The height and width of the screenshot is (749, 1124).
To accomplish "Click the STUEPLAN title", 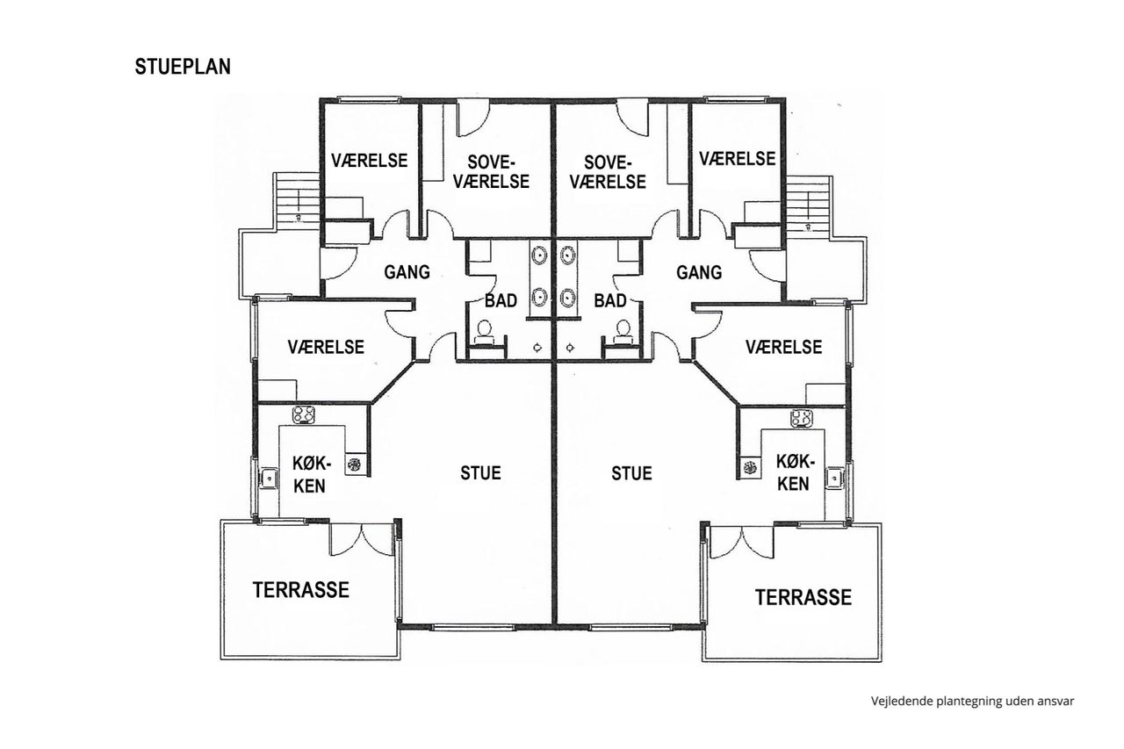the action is click(x=183, y=67).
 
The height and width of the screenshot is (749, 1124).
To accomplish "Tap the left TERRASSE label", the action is click(x=300, y=590).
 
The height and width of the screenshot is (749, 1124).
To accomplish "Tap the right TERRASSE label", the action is click(x=803, y=597).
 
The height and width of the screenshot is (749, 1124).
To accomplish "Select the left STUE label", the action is click(x=480, y=473).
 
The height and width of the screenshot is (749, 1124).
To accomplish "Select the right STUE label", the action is click(x=631, y=473).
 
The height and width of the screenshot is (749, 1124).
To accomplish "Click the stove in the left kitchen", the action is click(x=304, y=414).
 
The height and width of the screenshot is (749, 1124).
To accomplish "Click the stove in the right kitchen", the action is click(x=802, y=418).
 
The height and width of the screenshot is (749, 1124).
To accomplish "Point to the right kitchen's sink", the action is click(x=835, y=477).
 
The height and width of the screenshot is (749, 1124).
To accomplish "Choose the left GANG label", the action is click(x=407, y=272).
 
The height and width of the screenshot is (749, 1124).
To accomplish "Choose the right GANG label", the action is click(x=699, y=273).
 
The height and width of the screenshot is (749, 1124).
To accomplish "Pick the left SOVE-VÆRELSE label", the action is click(x=491, y=172).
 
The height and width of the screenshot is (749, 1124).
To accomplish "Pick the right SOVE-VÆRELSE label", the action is click(x=608, y=172).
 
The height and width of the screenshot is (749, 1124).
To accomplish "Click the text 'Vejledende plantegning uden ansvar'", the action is click(x=972, y=702).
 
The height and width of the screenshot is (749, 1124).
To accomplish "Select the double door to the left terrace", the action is click(x=361, y=539).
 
